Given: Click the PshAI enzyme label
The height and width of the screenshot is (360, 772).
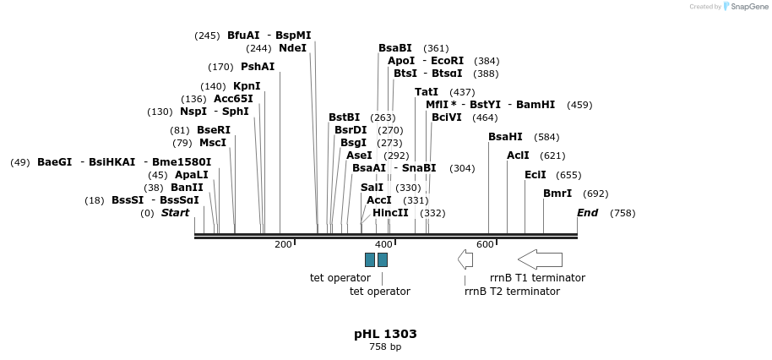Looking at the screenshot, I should click(x=258, y=67).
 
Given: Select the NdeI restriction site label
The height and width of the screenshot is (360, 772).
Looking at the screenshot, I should click(x=292, y=48).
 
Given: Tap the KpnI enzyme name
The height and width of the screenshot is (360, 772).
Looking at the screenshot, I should click(x=247, y=86).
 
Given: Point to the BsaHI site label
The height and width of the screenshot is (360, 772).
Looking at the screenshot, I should click(x=505, y=137).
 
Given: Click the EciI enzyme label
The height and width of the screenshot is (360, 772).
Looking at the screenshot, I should click(x=536, y=175).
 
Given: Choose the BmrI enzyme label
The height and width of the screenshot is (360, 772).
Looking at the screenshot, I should click(x=557, y=194).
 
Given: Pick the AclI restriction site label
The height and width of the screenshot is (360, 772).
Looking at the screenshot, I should click(x=518, y=155).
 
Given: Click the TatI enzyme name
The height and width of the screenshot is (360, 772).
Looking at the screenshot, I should click(x=427, y=92).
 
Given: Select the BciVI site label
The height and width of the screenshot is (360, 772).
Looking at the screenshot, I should click(x=447, y=117).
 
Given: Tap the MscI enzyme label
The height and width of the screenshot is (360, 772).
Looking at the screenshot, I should click(x=213, y=143).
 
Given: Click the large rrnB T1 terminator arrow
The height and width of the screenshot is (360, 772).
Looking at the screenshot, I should click(x=540, y=259).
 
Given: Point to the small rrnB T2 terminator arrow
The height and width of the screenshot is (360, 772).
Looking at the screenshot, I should click(x=465, y=259).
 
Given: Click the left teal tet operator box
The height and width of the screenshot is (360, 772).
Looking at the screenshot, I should click(x=370, y=259).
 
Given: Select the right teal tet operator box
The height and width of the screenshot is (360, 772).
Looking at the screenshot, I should click(x=383, y=259).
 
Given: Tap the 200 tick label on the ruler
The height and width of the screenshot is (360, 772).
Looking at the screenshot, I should click(x=283, y=244).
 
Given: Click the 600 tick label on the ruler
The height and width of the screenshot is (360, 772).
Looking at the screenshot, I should click(x=485, y=244).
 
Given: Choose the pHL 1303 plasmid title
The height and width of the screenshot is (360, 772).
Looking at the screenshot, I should click(x=385, y=334).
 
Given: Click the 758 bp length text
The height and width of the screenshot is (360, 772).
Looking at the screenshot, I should click(x=385, y=346).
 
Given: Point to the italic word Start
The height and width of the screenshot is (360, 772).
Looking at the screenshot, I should click(x=175, y=213).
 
